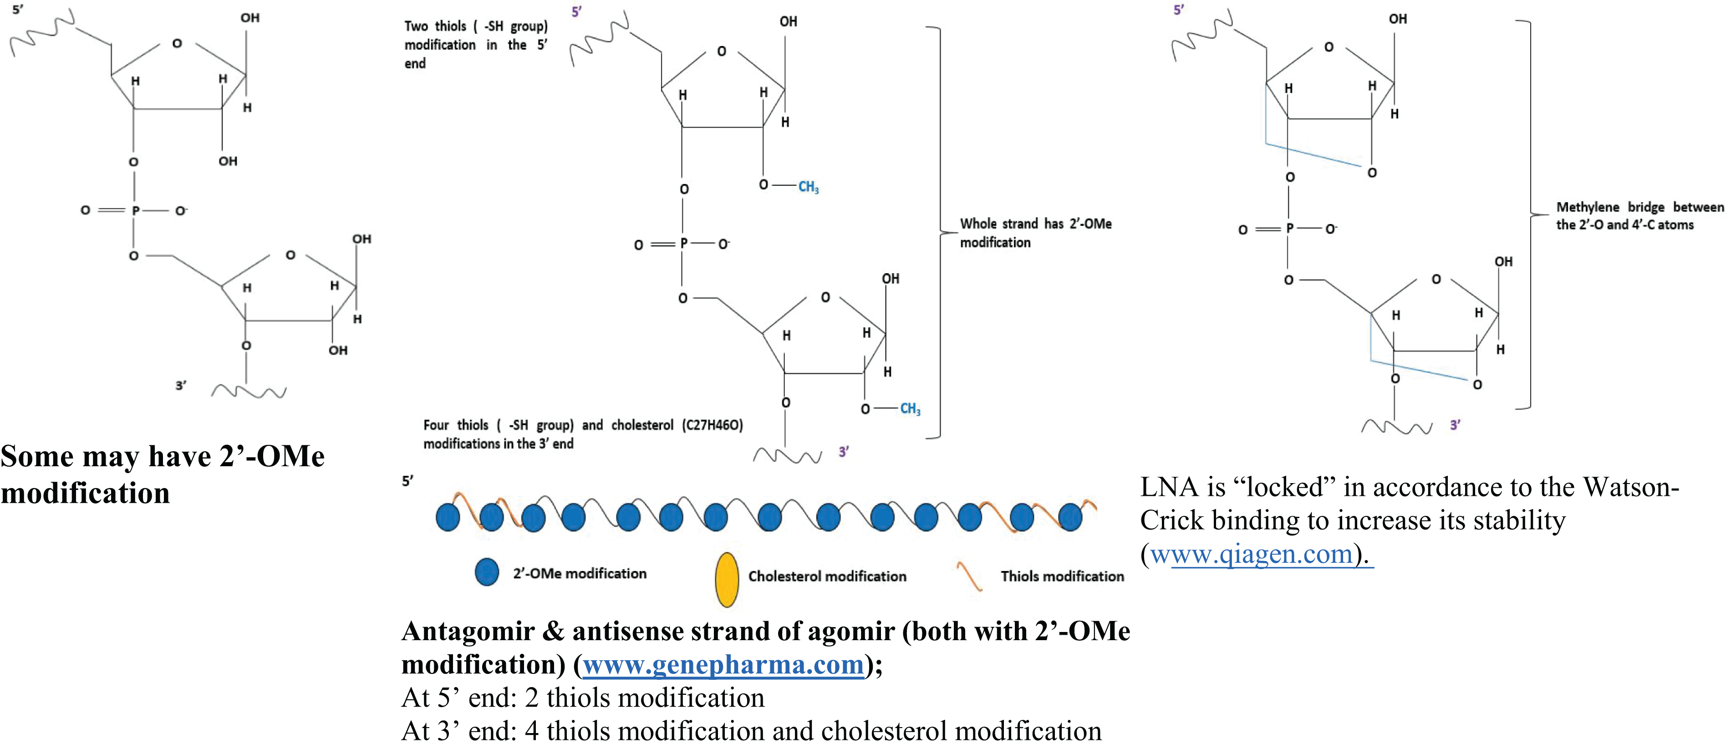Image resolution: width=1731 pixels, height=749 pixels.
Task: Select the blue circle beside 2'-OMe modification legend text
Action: (x=487, y=572)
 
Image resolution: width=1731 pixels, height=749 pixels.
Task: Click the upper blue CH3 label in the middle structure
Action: (x=809, y=187)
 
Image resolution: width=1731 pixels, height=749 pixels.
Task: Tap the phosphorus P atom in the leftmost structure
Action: (x=135, y=211)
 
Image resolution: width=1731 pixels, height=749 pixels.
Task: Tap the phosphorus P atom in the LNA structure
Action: (x=1289, y=229)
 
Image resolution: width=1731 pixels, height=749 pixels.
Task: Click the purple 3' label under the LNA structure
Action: (x=1455, y=424)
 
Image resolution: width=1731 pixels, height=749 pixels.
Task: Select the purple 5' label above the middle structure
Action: (x=576, y=11)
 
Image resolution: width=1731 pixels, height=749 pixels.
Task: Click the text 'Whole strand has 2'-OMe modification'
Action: (x=1035, y=232)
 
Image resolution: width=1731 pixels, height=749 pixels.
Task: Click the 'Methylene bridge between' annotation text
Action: (x=1639, y=207)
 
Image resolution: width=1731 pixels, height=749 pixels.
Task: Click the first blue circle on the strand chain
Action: (x=448, y=517)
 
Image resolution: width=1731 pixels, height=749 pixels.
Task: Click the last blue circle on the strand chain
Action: (x=1070, y=517)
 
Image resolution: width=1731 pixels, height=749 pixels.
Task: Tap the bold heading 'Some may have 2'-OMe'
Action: (x=162, y=457)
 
